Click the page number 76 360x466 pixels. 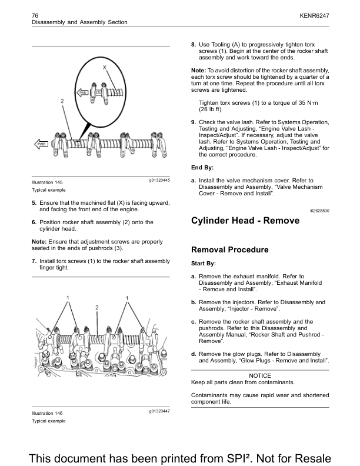(35, 14)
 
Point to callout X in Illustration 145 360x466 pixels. (104, 68)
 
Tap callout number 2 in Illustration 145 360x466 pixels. (62, 101)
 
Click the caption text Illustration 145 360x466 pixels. (47, 182)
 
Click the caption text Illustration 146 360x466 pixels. (47, 414)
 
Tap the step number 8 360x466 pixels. (194, 45)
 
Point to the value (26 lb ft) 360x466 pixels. (211, 109)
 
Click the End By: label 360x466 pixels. (202, 168)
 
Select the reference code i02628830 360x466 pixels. (319, 209)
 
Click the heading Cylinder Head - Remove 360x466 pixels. (245, 221)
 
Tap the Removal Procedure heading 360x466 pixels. (230, 249)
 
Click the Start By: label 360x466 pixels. (204, 264)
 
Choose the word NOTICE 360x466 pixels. (260, 375)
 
